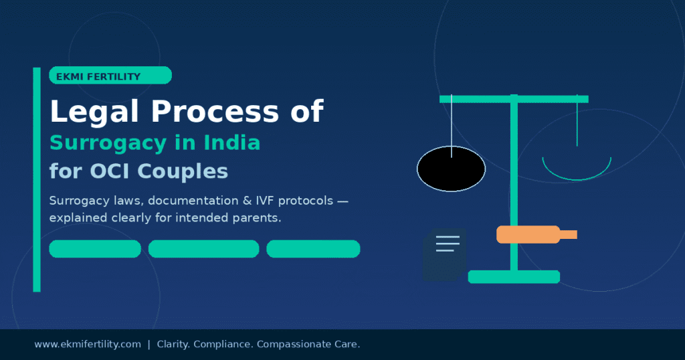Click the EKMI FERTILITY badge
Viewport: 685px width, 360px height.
pos(110,76)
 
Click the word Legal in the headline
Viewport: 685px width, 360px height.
pos(88,112)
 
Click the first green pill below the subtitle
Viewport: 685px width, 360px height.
pos(95,249)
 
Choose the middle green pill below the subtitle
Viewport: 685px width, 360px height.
pos(203,249)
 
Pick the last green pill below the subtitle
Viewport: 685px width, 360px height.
pos(313,249)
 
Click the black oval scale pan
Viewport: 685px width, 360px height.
pos(451,168)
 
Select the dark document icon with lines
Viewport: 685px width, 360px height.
pos(444,254)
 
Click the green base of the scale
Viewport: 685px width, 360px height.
pos(514,276)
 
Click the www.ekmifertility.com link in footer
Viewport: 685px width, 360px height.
pos(88,344)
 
